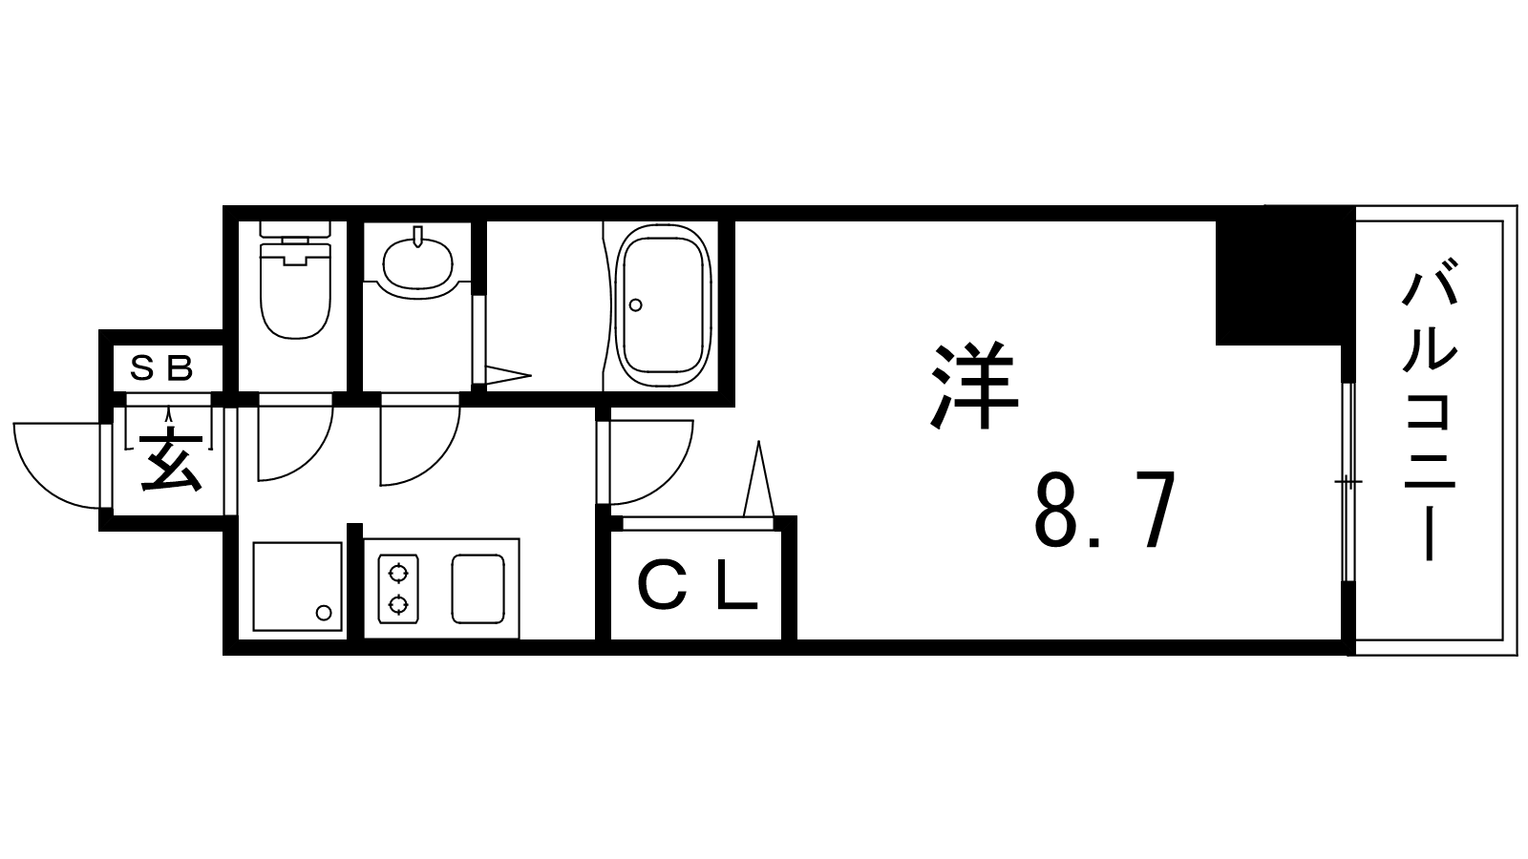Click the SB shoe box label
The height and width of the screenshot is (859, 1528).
[162, 368]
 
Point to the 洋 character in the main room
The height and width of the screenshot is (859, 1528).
[974, 386]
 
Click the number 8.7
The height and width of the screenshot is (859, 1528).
[1105, 510]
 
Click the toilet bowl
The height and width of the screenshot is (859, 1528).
[295, 290]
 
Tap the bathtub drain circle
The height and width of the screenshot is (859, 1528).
[636, 304]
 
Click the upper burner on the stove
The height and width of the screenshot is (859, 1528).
[397, 574]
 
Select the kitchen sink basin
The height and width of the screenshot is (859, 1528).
[477, 589]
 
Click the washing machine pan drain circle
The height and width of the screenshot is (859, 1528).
[324, 613]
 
